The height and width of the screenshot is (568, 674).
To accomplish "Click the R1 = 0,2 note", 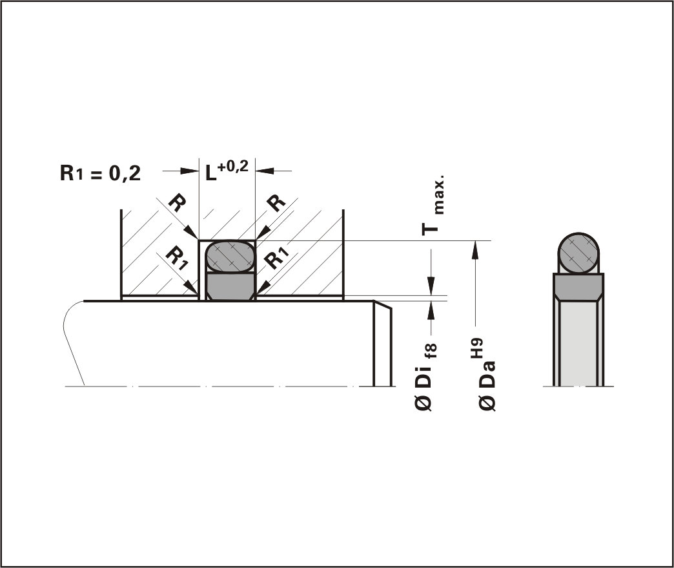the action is (x=100, y=173).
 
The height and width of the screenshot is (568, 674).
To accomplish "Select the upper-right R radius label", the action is (x=276, y=202).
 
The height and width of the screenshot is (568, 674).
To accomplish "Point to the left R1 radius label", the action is (x=177, y=257).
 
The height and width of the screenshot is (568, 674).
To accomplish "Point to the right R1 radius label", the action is (x=276, y=257).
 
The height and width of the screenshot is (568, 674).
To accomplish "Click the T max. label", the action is (x=433, y=205).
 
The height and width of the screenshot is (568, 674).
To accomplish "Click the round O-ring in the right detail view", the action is (x=578, y=253).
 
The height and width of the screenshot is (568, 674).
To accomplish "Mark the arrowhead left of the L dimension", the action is (x=189, y=171).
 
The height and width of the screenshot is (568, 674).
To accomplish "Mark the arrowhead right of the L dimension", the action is (x=265, y=171).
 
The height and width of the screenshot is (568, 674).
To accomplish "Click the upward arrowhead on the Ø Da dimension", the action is (x=475, y=250).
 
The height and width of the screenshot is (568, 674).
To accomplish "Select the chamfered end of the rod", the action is (x=382, y=343).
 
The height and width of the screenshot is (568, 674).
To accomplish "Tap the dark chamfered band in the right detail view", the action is (x=578, y=287).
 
